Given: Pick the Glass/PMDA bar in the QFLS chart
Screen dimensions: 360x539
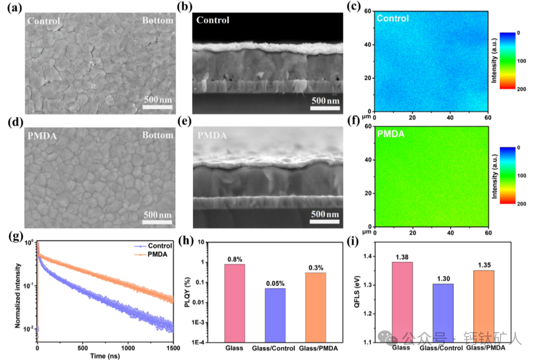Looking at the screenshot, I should [484, 306].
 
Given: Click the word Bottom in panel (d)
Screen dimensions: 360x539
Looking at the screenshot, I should [158, 135].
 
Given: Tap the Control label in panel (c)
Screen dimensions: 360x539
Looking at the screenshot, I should [393, 18].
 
